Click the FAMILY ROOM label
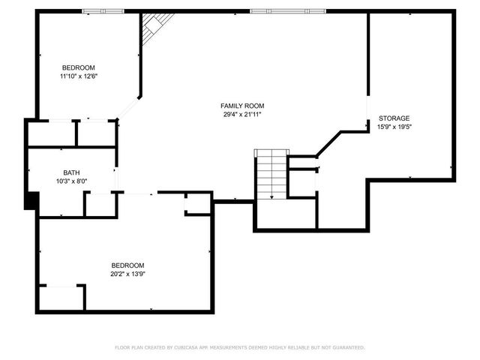point(242,106)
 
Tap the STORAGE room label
point(394,118)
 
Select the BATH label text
point(71,172)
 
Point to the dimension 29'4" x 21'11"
point(242,115)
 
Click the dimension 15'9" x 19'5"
point(394,127)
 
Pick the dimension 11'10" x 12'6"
point(79,76)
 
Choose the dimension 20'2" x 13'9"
point(127,274)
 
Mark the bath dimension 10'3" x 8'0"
point(71,181)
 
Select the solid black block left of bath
point(31,201)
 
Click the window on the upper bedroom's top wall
point(103,11)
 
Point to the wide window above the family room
point(288,11)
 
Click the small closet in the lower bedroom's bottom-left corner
point(61,297)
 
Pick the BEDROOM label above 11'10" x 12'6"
point(79,67)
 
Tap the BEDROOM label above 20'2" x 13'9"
point(127,265)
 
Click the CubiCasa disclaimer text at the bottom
point(239,347)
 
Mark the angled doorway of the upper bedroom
point(127,108)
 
